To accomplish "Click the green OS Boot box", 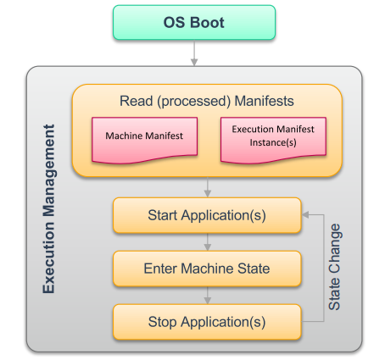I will coord(194,23).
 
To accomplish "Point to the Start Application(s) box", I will coord(207,215).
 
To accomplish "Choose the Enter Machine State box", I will coord(207,269).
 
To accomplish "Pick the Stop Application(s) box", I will coord(207,322).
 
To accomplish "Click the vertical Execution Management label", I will coord(48,209).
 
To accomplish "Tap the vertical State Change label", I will coord(334,267).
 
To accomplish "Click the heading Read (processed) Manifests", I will coord(207,101).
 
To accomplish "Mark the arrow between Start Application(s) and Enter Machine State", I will coord(207,242).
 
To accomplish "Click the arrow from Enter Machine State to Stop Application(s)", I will coord(207,296).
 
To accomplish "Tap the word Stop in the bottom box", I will coord(163,322).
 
